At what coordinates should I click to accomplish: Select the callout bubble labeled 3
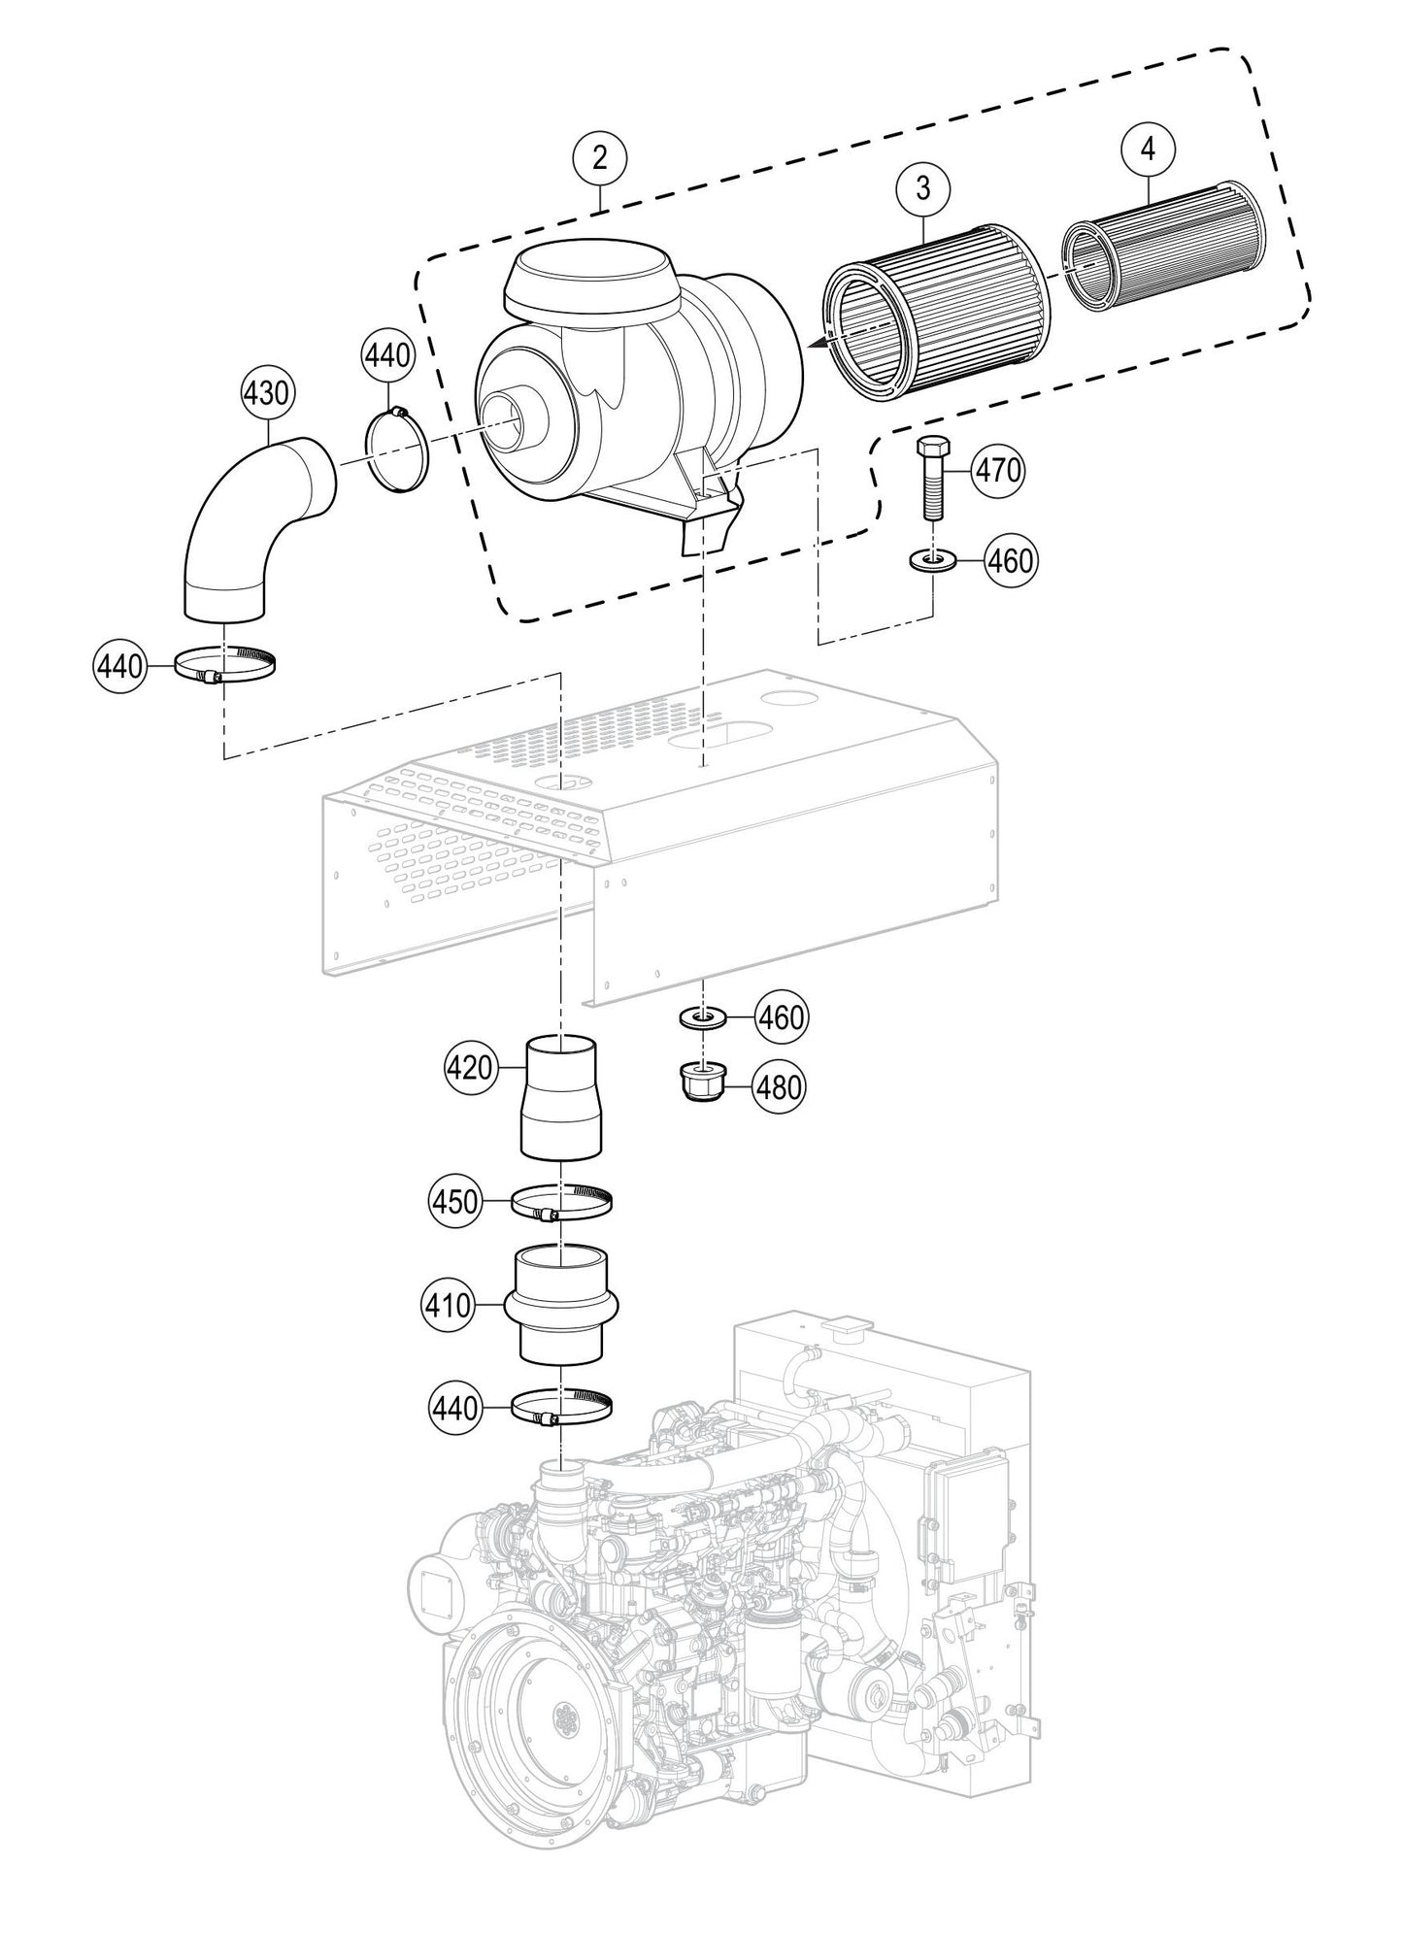point(921,188)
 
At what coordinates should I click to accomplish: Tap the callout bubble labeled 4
point(1149,150)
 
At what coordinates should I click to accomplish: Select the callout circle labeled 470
point(998,470)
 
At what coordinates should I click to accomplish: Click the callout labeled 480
point(780,1086)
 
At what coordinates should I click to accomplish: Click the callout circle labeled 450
point(455,1202)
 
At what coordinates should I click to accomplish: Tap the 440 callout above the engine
point(455,1407)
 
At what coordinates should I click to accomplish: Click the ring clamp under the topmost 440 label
point(397,451)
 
